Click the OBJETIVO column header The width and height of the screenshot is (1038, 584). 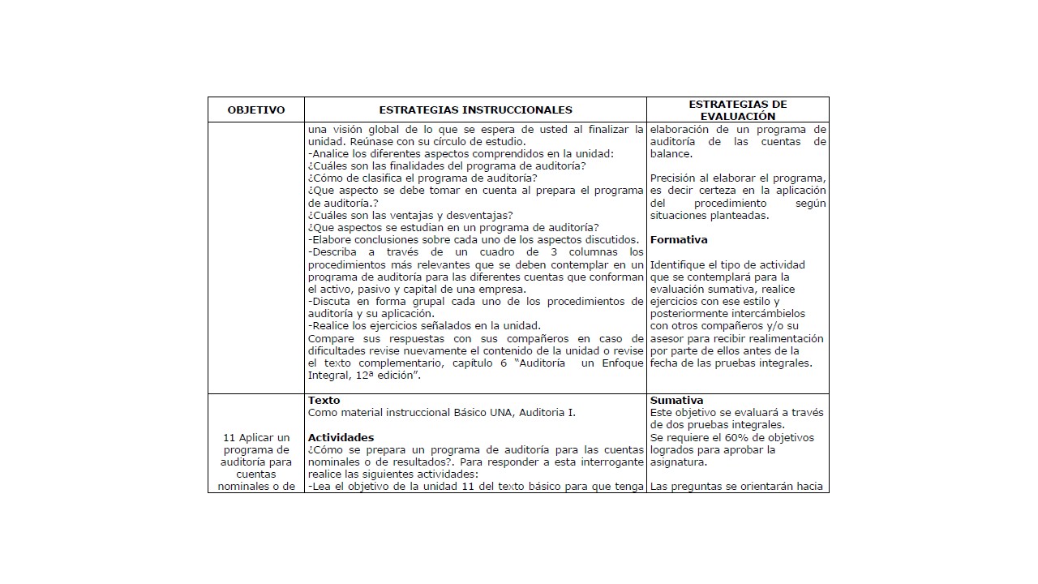click(256, 110)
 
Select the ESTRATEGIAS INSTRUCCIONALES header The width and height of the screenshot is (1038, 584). click(475, 110)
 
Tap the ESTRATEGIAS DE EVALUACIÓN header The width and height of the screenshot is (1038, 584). click(737, 110)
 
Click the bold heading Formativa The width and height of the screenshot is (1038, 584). click(679, 240)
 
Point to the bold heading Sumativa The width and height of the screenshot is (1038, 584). click(676, 401)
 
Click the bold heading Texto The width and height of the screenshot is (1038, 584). click(324, 401)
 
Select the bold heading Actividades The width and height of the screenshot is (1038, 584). click(341, 438)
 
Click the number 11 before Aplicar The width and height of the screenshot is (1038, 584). click(229, 438)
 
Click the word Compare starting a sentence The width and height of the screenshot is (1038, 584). click(331, 338)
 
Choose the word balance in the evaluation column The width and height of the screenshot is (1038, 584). click(671, 154)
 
